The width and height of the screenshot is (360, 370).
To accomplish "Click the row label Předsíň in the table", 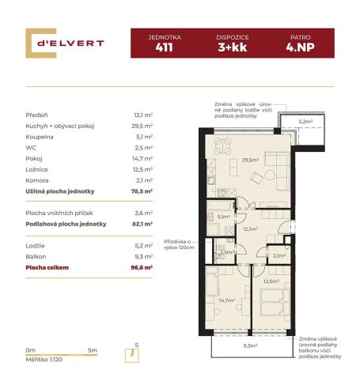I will (39, 115).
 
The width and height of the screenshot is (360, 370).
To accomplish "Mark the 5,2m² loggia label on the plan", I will (306, 122).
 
